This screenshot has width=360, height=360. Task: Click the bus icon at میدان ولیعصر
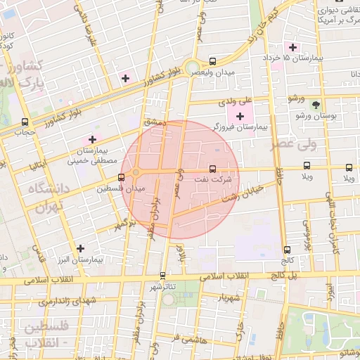[x=212, y=60]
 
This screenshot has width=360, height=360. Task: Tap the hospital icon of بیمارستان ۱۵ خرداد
[x=292, y=46]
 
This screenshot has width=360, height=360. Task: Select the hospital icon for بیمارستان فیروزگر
[x=241, y=115]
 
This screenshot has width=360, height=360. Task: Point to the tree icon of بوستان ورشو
[x=315, y=103]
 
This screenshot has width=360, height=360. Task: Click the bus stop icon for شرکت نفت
[x=212, y=169]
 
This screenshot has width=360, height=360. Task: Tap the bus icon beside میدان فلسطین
[x=122, y=177]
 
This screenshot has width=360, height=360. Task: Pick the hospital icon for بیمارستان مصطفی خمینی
[x=92, y=139]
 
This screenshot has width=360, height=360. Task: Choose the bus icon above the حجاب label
[x=25, y=122]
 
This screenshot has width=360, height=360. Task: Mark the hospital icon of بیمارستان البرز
[x=81, y=248]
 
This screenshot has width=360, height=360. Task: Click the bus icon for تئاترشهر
[x=163, y=276]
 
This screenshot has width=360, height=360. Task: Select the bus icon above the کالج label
[x=286, y=250]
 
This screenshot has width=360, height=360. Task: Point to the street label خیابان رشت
[x=241, y=193]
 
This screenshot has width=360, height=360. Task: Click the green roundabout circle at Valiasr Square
[x=192, y=68]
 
